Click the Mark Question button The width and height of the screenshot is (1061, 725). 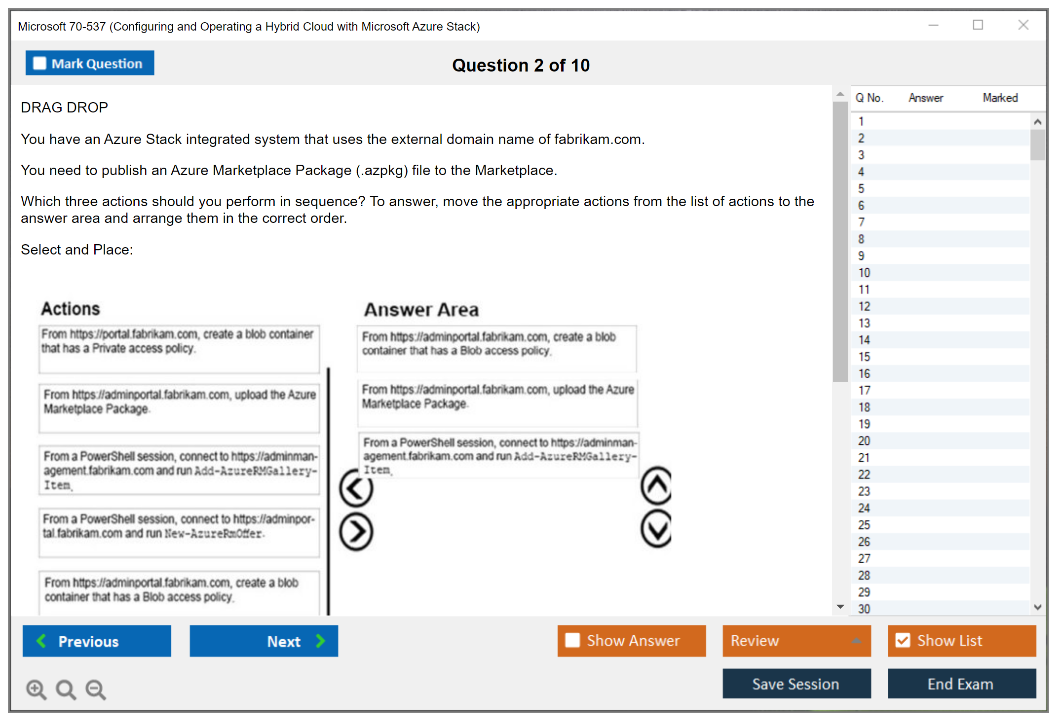tap(90, 63)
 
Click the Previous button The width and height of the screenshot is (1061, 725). tap(97, 641)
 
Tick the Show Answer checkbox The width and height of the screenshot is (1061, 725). tap(572, 640)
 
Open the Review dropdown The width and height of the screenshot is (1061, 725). tap(796, 641)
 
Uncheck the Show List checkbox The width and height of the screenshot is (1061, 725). tap(903, 640)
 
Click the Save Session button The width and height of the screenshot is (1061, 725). tap(796, 684)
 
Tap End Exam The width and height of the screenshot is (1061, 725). tap(961, 684)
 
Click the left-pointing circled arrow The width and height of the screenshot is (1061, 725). tap(356, 488)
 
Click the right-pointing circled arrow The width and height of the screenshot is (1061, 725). tap(356, 532)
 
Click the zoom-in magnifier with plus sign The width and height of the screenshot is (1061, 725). tap(36, 689)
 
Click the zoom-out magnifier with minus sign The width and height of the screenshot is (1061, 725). tap(96, 689)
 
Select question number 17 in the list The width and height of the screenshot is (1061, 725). tap(864, 391)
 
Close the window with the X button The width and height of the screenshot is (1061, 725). tap(1023, 25)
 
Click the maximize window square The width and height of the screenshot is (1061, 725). tap(978, 25)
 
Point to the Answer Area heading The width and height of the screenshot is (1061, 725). tap(421, 310)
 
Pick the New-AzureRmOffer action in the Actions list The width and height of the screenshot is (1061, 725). tap(179, 532)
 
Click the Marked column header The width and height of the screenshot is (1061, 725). tap(1000, 98)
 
